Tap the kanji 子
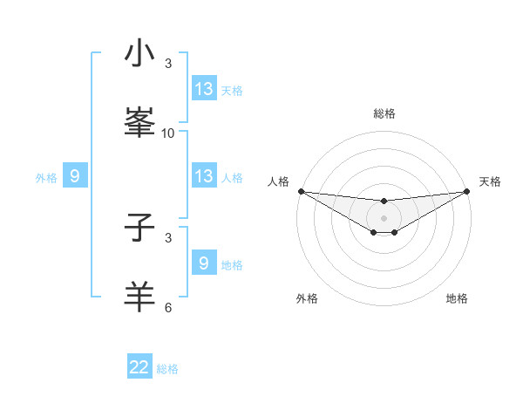click(x=139, y=229)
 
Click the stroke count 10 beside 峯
click(x=168, y=133)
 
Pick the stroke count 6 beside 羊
click(x=168, y=308)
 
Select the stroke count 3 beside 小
click(x=168, y=64)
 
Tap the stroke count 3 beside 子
click(x=168, y=237)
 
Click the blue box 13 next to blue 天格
click(x=204, y=89)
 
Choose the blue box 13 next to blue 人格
click(x=204, y=176)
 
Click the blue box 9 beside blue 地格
click(x=204, y=263)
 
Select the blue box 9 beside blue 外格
click(x=75, y=176)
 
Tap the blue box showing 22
click(x=139, y=367)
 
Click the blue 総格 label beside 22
click(x=167, y=369)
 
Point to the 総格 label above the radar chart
click(x=384, y=113)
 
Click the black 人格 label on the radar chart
click(x=278, y=181)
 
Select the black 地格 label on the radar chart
click(x=457, y=298)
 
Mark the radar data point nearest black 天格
click(x=466, y=191)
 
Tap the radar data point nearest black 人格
click(x=301, y=191)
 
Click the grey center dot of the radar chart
click(x=384, y=218)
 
